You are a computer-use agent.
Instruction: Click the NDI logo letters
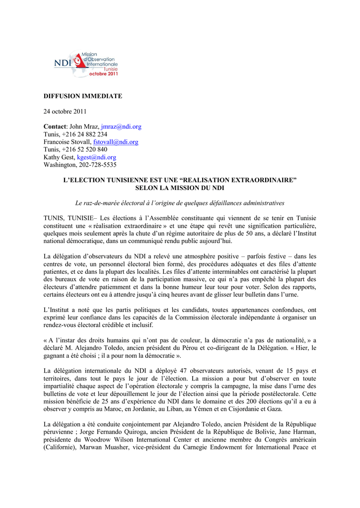point(63,63)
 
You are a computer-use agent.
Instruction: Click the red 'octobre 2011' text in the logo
point(103,73)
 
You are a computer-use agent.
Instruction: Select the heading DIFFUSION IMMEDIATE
point(82,96)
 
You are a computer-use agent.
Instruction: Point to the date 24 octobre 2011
point(65,111)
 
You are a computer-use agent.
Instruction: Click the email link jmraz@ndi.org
point(121,127)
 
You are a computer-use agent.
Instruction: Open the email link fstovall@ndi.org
point(116,142)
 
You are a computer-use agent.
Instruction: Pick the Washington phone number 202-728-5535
point(97,165)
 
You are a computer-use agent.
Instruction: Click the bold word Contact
point(55,127)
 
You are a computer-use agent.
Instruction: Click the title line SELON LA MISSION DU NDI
point(180,188)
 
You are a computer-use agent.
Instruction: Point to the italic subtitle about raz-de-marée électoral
point(180,203)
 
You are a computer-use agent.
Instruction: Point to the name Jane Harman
point(299,432)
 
